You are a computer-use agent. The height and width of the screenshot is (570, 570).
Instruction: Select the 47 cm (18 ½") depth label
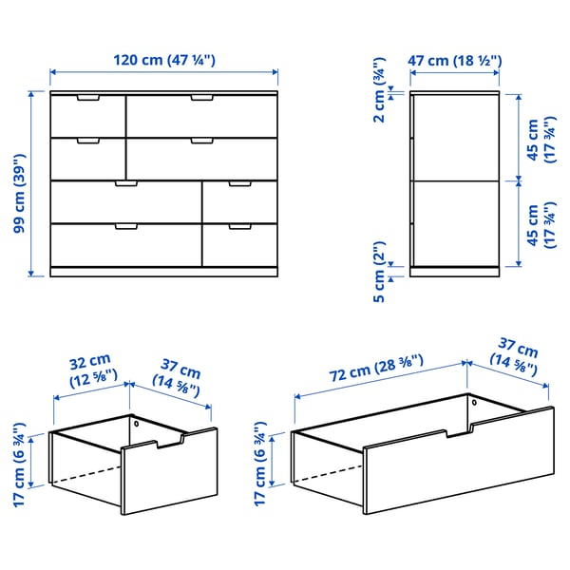tap(455, 60)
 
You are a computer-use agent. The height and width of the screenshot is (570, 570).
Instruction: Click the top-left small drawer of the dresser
tap(87, 115)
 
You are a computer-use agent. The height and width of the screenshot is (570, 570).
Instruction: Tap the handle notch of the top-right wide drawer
tap(201, 97)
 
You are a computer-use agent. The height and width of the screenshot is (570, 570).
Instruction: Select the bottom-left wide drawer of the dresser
tap(125, 245)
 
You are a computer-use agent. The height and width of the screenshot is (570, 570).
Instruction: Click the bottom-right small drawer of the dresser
tap(239, 245)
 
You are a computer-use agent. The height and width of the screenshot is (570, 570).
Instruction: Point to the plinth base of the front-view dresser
tap(163, 272)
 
